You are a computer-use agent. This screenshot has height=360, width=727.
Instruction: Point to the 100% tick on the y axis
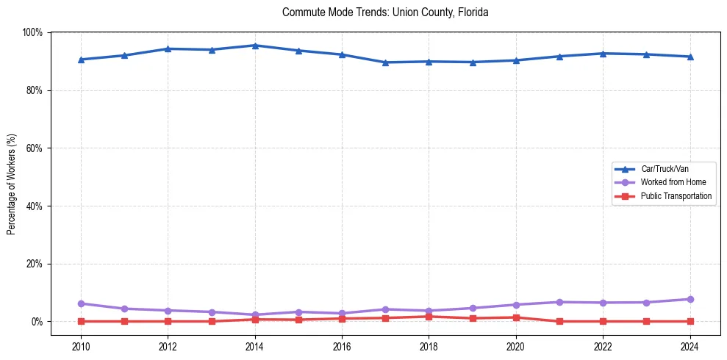33,32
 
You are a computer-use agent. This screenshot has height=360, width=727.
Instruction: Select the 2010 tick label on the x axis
81,346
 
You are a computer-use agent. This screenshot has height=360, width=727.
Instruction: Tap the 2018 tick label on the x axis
429,346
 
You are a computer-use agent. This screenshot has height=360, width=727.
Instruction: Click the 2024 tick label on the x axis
690,346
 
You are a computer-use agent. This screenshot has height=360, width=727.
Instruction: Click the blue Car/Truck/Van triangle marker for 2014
255,46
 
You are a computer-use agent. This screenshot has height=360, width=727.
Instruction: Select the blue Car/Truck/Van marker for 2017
385,62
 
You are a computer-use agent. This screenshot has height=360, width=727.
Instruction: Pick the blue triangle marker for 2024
690,57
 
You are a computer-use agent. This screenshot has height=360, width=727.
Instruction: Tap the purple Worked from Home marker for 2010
81,303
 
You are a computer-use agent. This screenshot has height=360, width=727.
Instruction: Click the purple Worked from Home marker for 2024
690,299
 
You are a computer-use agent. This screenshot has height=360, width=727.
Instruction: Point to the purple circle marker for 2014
255,315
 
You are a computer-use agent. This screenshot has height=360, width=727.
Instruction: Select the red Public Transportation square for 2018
429,317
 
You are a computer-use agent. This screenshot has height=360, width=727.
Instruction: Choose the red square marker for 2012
168,321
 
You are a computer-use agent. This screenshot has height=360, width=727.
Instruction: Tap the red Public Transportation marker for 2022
603,321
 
